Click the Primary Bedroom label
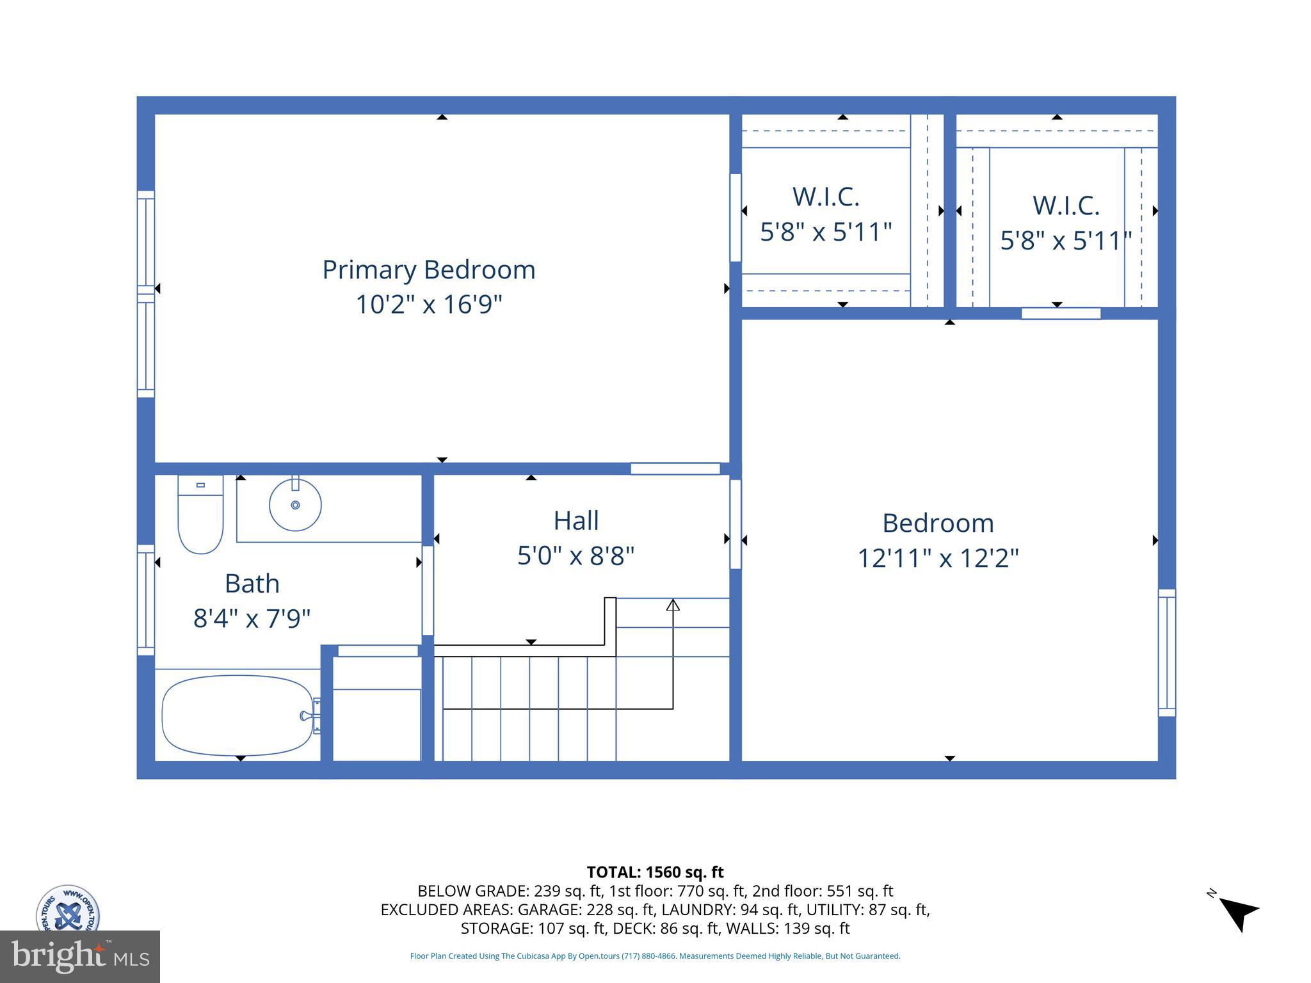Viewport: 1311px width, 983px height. (x=428, y=269)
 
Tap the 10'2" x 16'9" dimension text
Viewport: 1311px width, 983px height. (x=428, y=304)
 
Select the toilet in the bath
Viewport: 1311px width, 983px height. (x=200, y=515)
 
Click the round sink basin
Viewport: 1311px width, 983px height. (x=295, y=505)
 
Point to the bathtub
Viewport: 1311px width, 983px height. (x=237, y=715)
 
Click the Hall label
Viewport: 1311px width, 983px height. (x=575, y=520)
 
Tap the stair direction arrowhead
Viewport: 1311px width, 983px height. (x=673, y=605)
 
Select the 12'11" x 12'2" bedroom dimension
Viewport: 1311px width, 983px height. (x=937, y=558)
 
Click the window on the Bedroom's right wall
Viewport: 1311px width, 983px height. (x=1166, y=652)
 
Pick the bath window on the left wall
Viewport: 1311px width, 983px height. (x=146, y=600)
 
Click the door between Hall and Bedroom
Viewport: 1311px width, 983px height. (x=736, y=523)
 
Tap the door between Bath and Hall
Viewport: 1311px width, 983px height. (x=428, y=590)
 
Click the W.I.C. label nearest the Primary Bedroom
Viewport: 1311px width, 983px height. (x=825, y=196)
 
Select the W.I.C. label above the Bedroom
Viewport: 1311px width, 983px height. (x=1065, y=205)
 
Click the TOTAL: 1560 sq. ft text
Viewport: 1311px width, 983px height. (x=655, y=872)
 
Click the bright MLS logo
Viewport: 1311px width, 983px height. (x=79, y=956)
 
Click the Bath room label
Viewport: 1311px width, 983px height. (x=252, y=584)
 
